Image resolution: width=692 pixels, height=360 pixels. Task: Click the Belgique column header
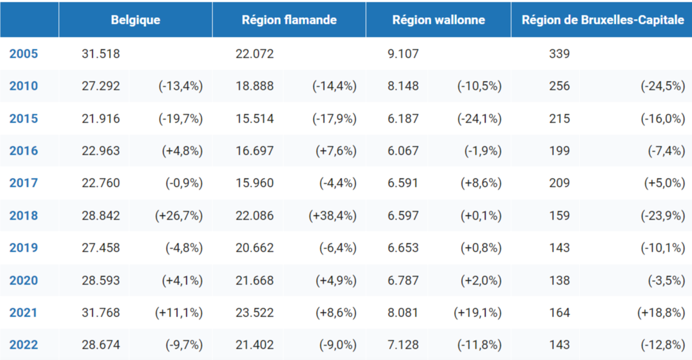135,20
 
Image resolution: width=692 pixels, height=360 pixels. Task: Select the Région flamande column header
289,20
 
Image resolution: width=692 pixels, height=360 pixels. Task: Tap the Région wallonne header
439,20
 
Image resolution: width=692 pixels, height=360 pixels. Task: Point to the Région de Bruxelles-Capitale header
603,20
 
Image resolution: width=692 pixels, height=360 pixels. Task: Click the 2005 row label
24,54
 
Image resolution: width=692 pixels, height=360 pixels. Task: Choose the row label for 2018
24,215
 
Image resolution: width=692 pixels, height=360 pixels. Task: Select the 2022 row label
24,345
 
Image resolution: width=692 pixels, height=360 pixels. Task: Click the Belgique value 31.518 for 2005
101,54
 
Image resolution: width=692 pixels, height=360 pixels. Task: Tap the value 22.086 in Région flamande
255,215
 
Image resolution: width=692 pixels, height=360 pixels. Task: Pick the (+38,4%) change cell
333,215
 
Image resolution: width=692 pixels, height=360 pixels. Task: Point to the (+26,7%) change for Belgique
179,215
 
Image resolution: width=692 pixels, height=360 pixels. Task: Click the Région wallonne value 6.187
403,118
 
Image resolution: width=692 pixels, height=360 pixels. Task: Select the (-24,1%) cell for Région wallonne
480,118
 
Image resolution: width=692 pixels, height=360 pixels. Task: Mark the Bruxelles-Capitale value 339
559,54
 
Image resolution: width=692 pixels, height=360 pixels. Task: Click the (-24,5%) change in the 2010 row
663,86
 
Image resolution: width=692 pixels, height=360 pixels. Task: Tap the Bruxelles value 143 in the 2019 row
559,248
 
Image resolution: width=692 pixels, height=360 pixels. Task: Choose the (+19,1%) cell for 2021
477,312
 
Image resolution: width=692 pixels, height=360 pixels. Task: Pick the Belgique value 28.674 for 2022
101,345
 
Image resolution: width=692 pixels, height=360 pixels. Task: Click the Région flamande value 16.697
255,151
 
